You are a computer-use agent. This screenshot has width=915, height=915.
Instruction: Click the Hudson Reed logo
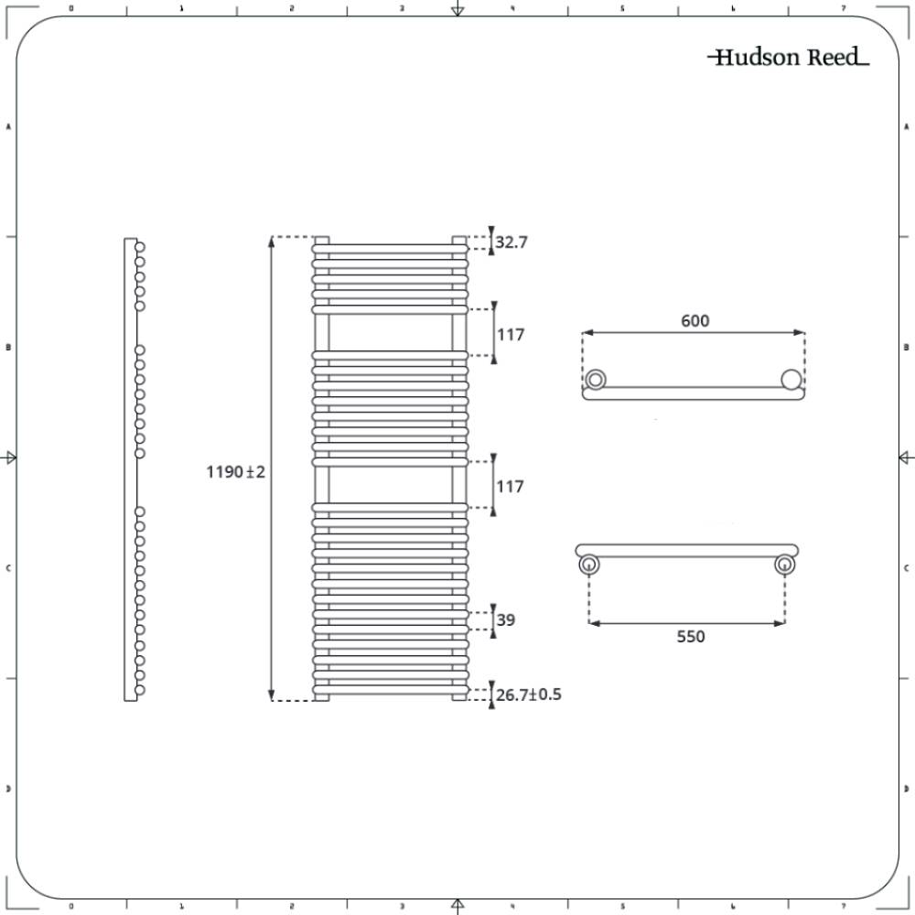point(788,58)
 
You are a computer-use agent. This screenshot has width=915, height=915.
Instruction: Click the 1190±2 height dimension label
point(235,472)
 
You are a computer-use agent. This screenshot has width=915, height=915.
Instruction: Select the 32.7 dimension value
point(511,242)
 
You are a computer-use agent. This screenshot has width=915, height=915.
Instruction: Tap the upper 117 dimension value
point(511,335)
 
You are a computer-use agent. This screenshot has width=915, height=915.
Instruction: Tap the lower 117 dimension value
point(511,487)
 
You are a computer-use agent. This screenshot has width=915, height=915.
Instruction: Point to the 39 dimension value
point(505,619)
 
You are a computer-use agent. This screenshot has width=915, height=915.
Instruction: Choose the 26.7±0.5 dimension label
point(528,694)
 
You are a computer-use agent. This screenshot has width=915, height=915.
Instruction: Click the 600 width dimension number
point(694,320)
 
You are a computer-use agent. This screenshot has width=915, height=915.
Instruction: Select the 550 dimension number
point(691,636)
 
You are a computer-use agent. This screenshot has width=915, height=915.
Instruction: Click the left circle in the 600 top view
point(597,379)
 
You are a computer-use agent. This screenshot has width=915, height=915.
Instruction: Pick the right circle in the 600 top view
point(791,379)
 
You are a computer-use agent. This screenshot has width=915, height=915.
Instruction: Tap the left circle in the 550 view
point(588,565)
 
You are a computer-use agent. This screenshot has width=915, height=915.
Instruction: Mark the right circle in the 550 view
point(783,565)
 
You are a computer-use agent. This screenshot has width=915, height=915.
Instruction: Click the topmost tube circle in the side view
point(140,247)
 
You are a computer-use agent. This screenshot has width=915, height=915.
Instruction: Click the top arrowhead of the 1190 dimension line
point(271,242)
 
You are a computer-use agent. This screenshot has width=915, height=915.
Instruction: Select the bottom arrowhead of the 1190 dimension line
point(271,695)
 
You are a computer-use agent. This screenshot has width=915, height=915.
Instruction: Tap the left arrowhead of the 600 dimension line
point(587,332)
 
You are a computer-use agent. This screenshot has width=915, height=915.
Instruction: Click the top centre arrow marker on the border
point(457,10)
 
